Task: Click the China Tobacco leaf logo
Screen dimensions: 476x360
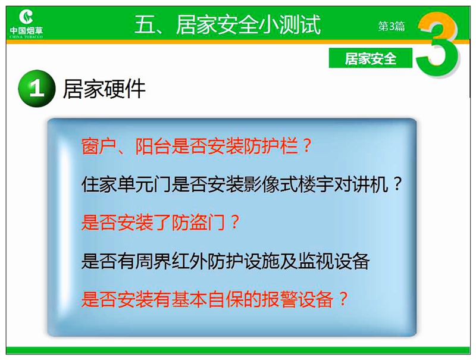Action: coord(26,17)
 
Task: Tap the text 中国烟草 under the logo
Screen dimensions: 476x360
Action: coord(26,31)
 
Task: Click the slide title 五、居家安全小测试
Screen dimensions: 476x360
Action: coord(227,25)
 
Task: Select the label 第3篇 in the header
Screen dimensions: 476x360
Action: coord(392,26)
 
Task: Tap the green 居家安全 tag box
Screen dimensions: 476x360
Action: coord(370,58)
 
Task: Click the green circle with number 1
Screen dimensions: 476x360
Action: coord(37,89)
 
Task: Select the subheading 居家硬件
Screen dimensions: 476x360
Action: coord(104,89)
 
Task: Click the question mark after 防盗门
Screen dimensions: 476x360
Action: coord(234,223)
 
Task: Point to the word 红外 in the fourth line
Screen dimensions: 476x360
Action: coord(189,261)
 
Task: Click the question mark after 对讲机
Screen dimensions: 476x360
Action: coord(397,184)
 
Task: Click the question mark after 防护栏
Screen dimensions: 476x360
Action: coord(306,146)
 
